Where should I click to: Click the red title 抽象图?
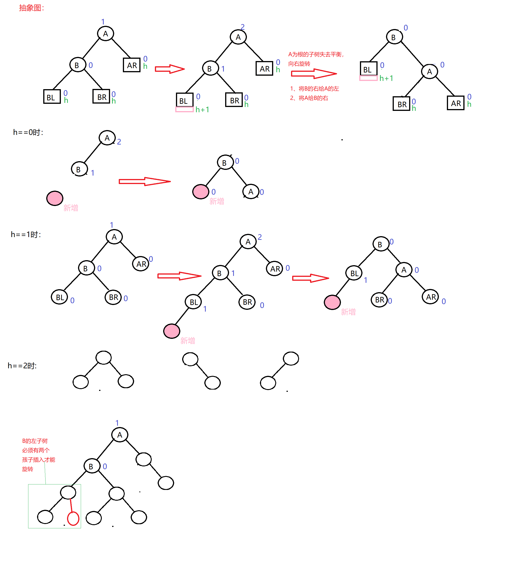[31, 8]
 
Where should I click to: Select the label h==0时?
[28, 132]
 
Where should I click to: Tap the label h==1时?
[26, 235]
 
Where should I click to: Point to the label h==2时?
[22, 366]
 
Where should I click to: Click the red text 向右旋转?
[299, 64]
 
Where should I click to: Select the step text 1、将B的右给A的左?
[314, 89]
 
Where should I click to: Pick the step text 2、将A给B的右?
[309, 98]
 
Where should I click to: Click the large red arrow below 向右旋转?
[313, 74]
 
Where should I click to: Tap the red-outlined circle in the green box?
[73, 519]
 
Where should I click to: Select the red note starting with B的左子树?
[38, 455]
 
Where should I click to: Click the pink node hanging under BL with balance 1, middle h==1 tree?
[172, 331]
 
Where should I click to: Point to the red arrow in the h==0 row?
[145, 182]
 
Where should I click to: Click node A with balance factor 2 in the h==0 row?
[107, 138]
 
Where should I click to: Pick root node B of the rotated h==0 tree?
[225, 163]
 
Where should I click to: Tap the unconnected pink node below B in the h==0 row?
[55, 198]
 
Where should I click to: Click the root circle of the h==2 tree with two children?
[104, 358]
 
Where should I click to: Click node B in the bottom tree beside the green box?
[92, 466]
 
